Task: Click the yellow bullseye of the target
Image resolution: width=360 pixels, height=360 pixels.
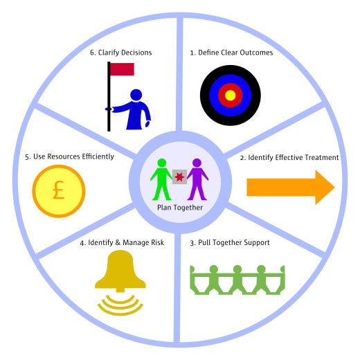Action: coord(230,96)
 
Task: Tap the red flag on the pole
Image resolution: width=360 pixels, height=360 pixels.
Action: coord(122,69)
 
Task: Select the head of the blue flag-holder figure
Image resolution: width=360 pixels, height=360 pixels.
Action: coord(136,95)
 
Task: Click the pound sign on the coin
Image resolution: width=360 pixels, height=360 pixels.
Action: coord(58,190)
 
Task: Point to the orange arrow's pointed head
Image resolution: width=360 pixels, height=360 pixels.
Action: coord(334,188)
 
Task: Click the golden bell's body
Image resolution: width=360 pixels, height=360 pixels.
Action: coord(120,271)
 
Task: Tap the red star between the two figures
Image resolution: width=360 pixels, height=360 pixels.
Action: coord(179,177)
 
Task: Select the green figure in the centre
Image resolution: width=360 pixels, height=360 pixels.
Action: coord(161,179)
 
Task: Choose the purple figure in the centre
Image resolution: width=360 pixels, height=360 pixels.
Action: coord(197,179)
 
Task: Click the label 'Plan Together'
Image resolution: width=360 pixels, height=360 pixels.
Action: coord(180,208)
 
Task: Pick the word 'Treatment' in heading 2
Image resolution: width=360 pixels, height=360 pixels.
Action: coord(322,157)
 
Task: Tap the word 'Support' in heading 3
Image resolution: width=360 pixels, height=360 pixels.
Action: coord(257,243)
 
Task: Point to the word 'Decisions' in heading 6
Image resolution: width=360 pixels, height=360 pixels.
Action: coord(137,53)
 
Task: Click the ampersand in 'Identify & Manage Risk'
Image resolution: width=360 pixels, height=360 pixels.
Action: coord(118,242)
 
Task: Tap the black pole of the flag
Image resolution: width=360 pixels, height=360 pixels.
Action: coord(109,96)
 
